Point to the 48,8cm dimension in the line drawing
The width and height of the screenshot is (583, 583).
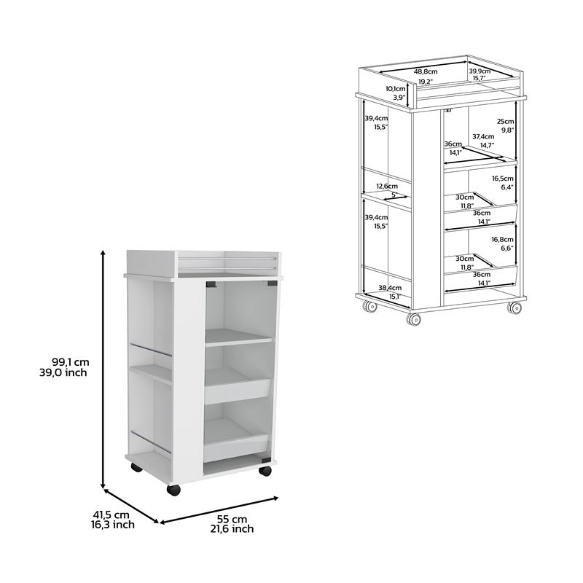coord(426,71)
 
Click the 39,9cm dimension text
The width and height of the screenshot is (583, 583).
coord(480,71)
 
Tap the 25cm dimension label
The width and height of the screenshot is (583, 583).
coord(506,121)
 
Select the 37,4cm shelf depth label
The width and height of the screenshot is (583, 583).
coord(482,136)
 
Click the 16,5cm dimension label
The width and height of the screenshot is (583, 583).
coord(503,179)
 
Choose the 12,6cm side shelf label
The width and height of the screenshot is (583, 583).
coord(387,187)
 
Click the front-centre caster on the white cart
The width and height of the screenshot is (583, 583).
coord(173,490)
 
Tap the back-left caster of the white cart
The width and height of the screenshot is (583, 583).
coord(136,467)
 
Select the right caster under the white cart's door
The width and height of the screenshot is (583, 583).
coord(265,471)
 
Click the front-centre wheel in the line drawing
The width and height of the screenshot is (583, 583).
coord(415,319)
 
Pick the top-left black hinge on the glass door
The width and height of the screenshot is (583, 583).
coord(211,283)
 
